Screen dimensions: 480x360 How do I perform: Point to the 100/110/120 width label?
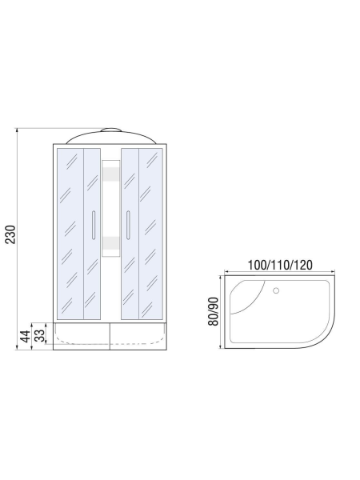click(279, 265)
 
